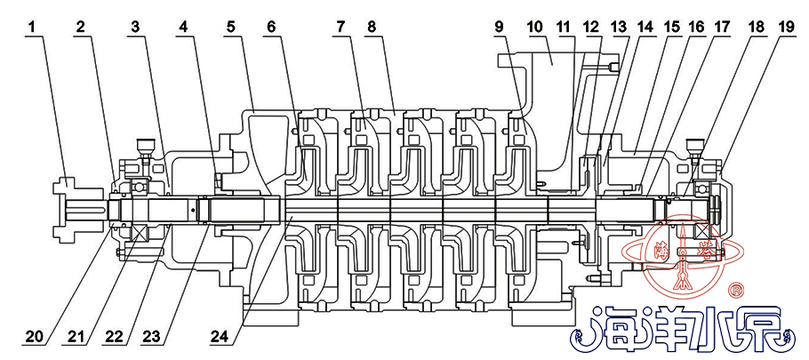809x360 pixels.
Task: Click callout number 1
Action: (33, 28)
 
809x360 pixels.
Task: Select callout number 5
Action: (231, 28)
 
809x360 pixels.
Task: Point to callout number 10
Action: (534, 28)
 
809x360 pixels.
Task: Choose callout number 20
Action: (34, 338)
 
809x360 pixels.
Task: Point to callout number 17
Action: (722, 28)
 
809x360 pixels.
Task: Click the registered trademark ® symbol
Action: (736, 290)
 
